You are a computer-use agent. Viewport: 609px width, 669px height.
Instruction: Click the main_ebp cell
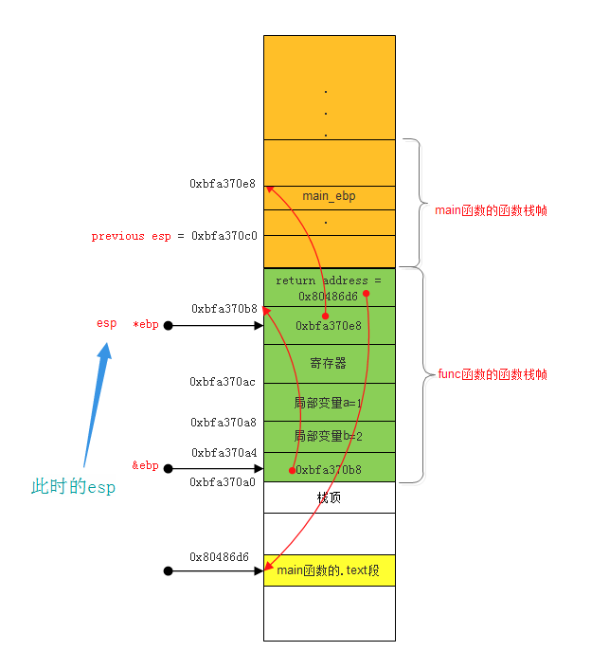329,196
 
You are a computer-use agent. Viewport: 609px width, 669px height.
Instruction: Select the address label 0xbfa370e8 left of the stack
223,183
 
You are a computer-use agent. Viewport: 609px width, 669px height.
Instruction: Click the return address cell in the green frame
329,287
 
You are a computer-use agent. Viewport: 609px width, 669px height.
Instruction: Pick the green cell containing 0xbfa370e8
329,326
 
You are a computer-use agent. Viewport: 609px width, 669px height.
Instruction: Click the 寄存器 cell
329,363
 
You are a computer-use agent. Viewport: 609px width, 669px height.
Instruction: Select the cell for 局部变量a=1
329,402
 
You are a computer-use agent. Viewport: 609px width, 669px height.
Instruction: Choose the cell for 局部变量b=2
329,436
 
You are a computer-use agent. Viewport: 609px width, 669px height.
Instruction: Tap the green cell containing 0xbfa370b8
329,468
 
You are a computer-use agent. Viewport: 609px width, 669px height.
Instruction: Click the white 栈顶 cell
329,497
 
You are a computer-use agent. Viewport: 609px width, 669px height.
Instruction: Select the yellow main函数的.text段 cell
329,570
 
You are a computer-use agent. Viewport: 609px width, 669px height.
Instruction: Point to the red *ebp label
146,325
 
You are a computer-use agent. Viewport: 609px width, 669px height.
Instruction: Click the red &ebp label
145,465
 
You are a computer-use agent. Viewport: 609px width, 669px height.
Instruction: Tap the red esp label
106,323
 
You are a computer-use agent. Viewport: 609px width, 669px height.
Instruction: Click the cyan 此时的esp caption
73,487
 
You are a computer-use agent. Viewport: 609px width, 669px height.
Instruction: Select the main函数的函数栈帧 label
490,210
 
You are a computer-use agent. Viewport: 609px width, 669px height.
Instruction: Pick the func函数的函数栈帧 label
492,374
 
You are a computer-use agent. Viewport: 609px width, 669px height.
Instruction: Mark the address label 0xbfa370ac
223,382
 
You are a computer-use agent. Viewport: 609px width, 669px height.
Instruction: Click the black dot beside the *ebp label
168,326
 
